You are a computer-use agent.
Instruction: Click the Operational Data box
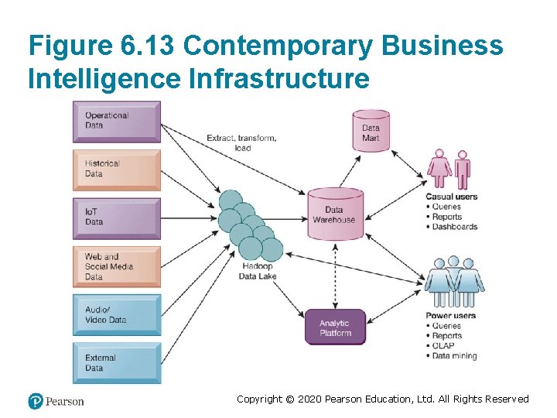[118, 121]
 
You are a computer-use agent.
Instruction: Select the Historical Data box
[118, 169]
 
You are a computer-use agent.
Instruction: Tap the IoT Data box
[118, 217]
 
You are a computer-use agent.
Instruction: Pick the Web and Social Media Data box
[118, 266]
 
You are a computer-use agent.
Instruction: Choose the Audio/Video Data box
[118, 314]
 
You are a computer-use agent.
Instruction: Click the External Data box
[118, 362]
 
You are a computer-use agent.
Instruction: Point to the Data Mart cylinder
[371, 132]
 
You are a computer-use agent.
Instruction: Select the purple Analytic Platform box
[335, 327]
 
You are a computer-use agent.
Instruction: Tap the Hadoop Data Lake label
[256, 271]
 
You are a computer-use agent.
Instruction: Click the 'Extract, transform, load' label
[241, 142]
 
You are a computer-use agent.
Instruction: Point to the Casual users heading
[451, 197]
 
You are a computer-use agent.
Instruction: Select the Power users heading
[450, 316]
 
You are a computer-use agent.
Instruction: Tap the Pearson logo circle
[36, 401]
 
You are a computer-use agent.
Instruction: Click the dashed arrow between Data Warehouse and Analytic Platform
[334, 276]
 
